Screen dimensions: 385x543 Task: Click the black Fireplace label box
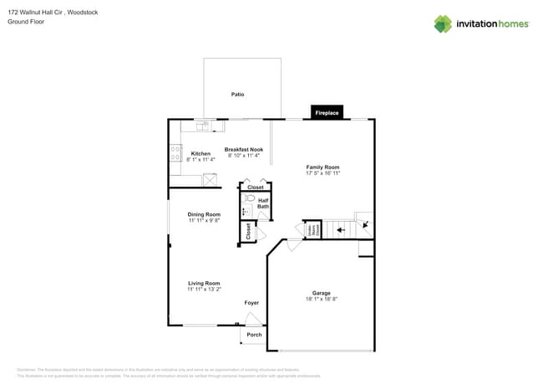point(327,112)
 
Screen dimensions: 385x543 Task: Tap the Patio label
point(238,95)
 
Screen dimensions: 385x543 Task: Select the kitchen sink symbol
point(203,126)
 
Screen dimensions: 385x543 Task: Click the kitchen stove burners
point(175,153)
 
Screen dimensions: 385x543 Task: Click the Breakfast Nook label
point(244,149)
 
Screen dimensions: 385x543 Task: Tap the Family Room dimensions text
point(322,173)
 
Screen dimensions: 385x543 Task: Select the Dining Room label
point(204,214)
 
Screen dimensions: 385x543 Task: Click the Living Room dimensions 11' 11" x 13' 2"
point(204,290)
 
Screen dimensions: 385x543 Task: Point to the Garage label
point(322,293)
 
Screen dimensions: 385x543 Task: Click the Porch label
point(254,335)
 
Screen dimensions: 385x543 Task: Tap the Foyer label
point(251,302)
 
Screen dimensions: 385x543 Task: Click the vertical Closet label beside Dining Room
point(248,232)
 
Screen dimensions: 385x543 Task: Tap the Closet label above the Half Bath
point(256,187)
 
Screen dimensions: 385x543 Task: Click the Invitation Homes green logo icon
point(443,23)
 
